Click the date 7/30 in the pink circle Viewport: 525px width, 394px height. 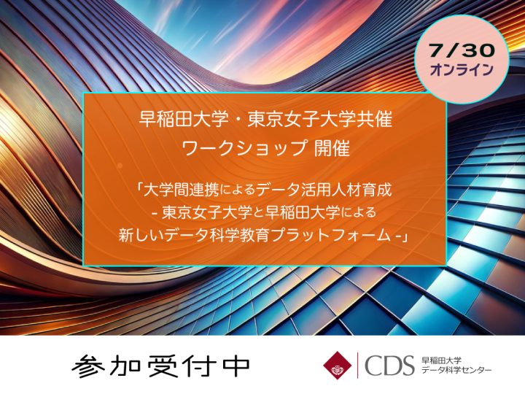click(x=462, y=50)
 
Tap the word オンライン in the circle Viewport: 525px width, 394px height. click(x=462, y=70)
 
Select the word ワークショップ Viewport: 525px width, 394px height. click(x=244, y=147)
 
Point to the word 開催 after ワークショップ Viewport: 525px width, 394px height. click(x=332, y=147)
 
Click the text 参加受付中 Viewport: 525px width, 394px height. click(x=161, y=366)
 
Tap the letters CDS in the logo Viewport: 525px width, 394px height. click(x=389, y=366)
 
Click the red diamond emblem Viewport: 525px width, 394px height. click(x=337, y=366)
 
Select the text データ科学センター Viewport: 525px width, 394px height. click(x=456, y=370)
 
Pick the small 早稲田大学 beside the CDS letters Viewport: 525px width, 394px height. click(x=441, y=360)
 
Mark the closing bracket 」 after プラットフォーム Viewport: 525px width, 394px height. click(x=404, y=237)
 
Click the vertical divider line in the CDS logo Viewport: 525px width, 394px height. click(x=357, y=366)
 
